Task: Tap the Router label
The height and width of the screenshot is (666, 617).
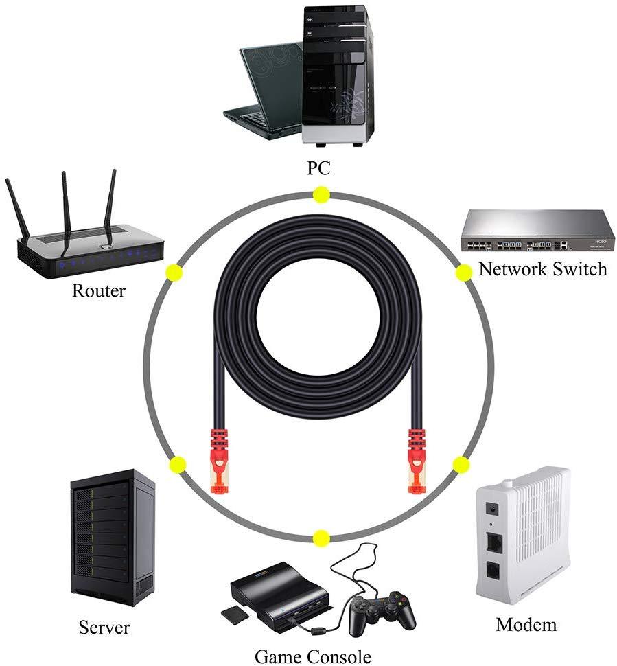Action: tap(99, 290)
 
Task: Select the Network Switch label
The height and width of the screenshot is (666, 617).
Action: tap(542, 268)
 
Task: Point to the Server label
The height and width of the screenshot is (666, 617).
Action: tap(104, 626)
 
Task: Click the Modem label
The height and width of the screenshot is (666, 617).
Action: tap(526, 624)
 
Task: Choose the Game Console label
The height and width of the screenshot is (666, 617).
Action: tap(313, 656)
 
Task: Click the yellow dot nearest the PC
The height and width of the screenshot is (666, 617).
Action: tap(321, 195)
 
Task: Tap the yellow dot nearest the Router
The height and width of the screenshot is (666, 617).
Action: tap(174, 272)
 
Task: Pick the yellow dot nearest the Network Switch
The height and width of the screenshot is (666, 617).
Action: tap(463, 273)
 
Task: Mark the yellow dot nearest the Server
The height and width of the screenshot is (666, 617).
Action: tap(177, 464)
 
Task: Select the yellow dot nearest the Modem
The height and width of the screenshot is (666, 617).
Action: tap(460, 464)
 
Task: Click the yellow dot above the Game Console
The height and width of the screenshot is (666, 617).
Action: tap(321, 538)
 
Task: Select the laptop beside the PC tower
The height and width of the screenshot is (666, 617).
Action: tap(264, 89)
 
